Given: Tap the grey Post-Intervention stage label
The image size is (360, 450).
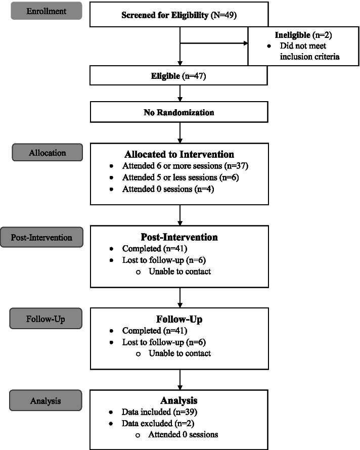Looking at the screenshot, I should pyautogui.click(x=41, y=237).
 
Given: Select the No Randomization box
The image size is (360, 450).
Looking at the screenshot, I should pyautogui.click(x=179, y=112).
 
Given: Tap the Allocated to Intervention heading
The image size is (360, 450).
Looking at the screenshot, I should pyautogui.click(x=179, y=155).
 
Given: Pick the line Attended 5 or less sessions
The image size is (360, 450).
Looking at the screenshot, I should pyautogui.click(x=174, y=177).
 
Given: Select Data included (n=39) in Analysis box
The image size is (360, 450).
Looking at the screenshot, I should pyautogui.click(x=156, y=413).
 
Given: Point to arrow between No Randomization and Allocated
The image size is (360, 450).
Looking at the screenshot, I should pyautogui.click(x=180, y=132).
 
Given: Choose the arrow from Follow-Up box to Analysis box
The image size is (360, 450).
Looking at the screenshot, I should pyautogui.click(x=180, y=379).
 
